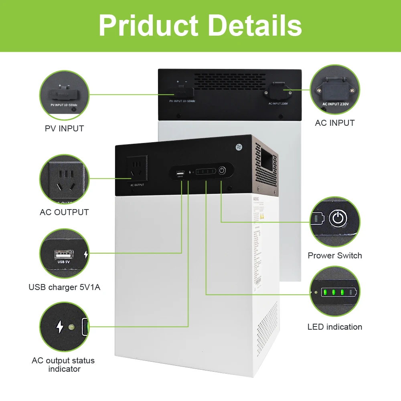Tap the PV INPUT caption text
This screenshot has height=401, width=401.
[x=64, y=129]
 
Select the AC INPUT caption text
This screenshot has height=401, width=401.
[x=335, y=123]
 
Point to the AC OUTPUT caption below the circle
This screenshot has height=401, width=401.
[x=64, y=212]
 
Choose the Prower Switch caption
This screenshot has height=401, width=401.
[x=335, y=256]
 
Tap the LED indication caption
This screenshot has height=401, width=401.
[x=335, y=327]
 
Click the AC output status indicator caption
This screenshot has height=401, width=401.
[x=63, y=365]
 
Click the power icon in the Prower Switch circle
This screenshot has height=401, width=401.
[x=337, y=218]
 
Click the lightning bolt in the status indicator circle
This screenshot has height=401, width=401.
[x=60, y=327]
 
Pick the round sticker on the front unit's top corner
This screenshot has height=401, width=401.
[x=239, y=147]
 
